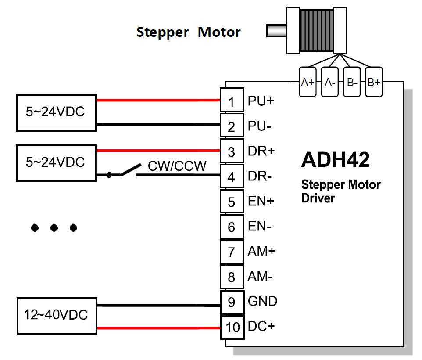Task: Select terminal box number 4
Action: coord(232,177)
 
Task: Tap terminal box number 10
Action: coord(232,327)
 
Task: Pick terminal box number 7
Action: coord(232,252)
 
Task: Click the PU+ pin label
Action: coord(261,101)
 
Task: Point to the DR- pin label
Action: coord(260,176)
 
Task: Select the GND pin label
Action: coord(262,302)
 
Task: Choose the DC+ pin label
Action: coord(261,327)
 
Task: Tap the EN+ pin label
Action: coord(261,202)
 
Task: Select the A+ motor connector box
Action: coord(308,82)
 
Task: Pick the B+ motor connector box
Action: coord(374,82)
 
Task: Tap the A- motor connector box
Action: coord(329,82)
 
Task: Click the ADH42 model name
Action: coord(335,160)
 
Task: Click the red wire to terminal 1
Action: coord(158,101)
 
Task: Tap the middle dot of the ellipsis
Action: coord(54,227)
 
